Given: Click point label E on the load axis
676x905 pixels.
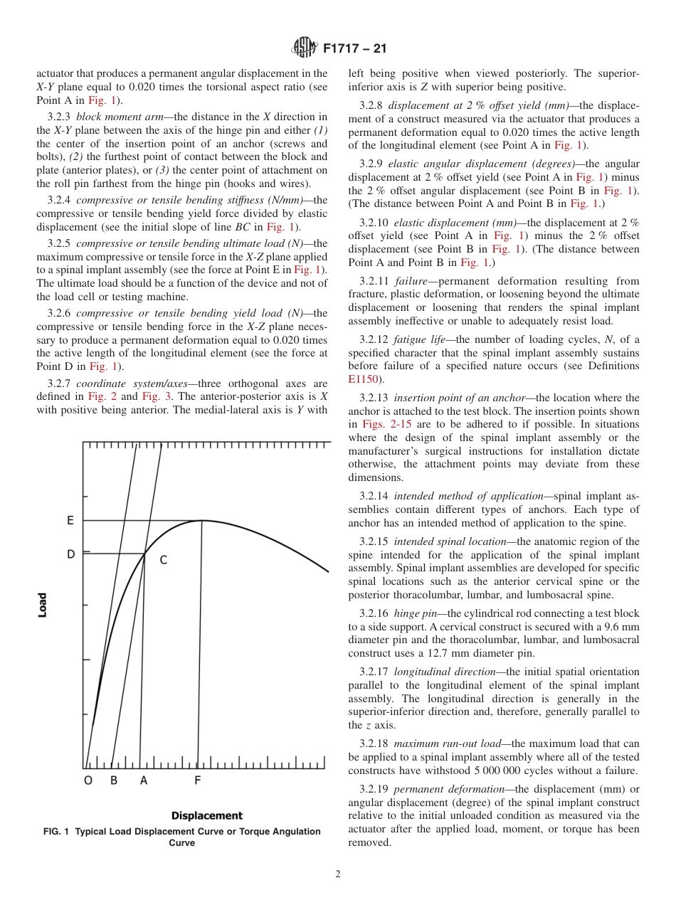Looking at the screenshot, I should click(70, 521).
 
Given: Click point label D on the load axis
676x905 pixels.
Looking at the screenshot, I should click(70, 554).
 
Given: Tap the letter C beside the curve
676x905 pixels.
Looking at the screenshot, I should click(163, 561).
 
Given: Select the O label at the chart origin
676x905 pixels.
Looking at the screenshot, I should click(88, 780).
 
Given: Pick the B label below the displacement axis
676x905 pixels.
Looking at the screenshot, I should click(113, 780).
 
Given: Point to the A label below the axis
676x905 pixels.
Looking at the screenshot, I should click(144, 780).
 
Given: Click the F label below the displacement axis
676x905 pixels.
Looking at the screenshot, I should click(198, 780).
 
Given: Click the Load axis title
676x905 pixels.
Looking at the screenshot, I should click(43, 605).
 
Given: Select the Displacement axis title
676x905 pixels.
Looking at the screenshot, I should click(206, 816).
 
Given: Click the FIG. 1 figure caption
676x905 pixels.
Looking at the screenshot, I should click(182, 837).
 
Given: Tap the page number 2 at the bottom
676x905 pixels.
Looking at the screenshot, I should click(338, 874).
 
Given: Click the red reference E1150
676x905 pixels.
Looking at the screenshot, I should click(363, 379).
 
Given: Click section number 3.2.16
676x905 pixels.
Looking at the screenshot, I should click(375, 613).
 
